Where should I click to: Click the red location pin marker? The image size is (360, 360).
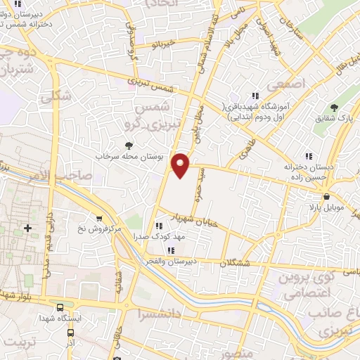pyautogui.click(x=182, y=165)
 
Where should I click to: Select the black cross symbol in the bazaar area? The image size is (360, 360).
pyautogui.click(x=27, y=228)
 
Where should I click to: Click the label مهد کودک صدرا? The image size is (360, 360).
pyautogui.click(x=160, y=237)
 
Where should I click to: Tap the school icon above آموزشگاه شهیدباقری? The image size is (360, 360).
pyautogui.click(x=255, y=96)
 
